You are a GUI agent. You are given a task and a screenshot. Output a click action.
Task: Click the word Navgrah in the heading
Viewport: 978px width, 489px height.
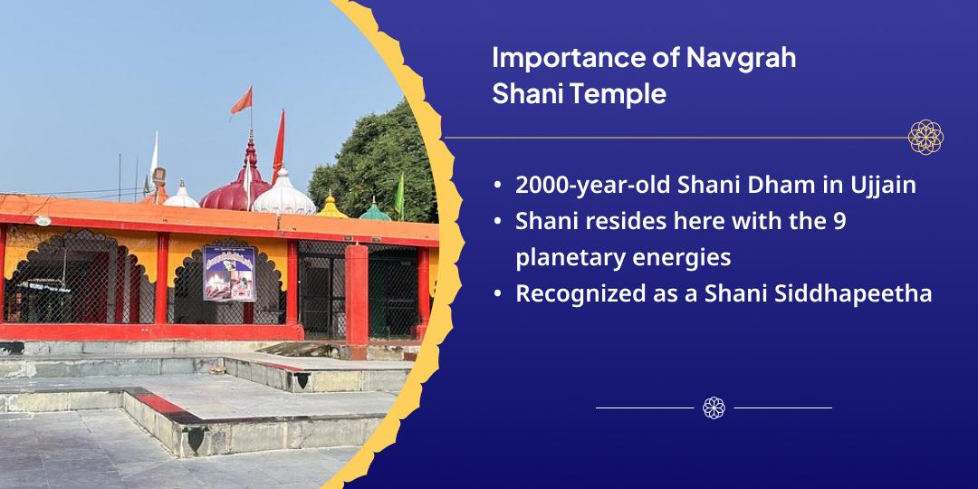pyautogui.click(x=741, y=58)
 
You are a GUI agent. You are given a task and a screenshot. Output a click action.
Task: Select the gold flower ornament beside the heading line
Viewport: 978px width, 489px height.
pyautogui.click(x=925, y=138)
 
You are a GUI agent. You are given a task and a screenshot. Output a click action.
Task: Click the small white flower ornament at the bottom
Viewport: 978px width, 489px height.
pyautogui.click(x=714, y=407)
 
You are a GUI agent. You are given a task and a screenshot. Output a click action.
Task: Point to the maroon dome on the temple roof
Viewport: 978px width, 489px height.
pyautogui.click(x=235, y=189)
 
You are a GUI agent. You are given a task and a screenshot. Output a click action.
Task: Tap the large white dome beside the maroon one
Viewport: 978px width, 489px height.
pyautogui.click(x=283, y=196)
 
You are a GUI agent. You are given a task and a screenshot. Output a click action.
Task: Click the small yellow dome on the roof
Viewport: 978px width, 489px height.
pyautogui.click(x=331, y=207)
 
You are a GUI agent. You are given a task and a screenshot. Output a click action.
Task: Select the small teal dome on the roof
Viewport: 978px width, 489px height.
pyautogui.click(x=375, y=211)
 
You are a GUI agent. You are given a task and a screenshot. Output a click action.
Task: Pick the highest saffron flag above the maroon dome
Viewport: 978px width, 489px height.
pyautogui.click(x=242, y=101)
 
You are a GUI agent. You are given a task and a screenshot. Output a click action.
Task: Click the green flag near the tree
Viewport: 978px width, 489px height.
pyautogui.click(x=399, y=196)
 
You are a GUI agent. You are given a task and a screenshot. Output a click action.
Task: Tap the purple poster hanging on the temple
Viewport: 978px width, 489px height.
pyautogui.click(x=229, y=273)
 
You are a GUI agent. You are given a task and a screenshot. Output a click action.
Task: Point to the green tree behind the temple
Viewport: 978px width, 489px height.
pyautogui.click(x=374, y=161)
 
